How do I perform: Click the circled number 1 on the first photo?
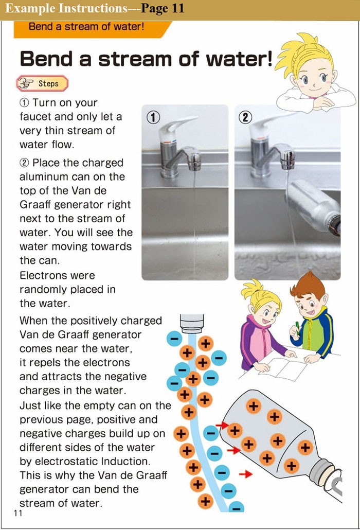(x=151, y=117)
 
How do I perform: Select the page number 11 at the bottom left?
(x=18, y=514)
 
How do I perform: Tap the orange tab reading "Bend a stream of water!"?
(x=86, y=26)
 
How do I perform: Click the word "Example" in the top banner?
(x=31, y=9)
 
